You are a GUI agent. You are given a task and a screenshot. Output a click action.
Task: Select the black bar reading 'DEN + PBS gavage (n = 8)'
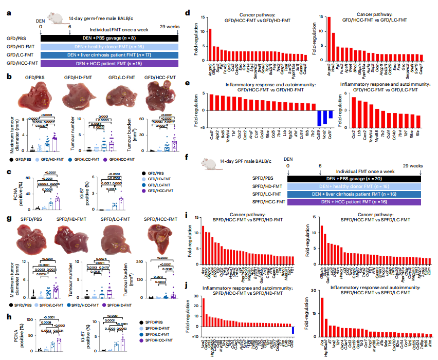click(109, 37)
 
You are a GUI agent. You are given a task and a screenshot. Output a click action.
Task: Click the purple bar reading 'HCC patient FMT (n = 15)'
click(109, 63)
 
